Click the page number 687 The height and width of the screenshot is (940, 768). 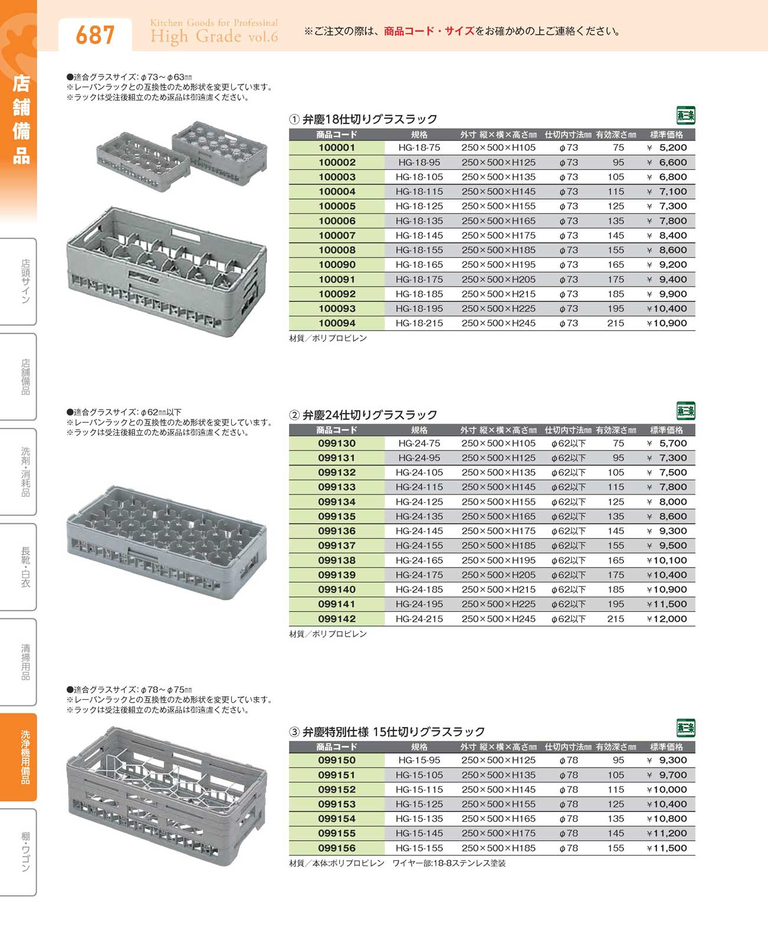point(94,35)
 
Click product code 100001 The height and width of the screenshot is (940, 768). point(337,148)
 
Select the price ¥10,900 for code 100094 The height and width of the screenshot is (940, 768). point(667,323)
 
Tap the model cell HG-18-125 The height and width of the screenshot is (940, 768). point(419,207)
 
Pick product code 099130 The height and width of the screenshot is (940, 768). point(337,444)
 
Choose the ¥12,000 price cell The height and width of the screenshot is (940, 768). point(667,619)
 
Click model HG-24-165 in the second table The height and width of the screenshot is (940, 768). point(419,561)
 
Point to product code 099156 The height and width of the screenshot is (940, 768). point(337,848)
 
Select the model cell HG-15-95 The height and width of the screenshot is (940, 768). point(419,761)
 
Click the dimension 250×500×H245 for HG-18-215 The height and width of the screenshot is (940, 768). point(498,323)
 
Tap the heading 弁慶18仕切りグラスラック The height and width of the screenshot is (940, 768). point(370,119)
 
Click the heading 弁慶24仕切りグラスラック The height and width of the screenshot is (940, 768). point(370,415)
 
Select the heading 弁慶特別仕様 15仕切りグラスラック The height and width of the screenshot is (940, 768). point(393,732)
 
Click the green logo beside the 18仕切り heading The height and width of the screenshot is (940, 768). point(685,115)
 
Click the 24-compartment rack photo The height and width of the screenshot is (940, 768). point(167,541)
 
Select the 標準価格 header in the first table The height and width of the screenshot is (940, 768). point(666,135)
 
